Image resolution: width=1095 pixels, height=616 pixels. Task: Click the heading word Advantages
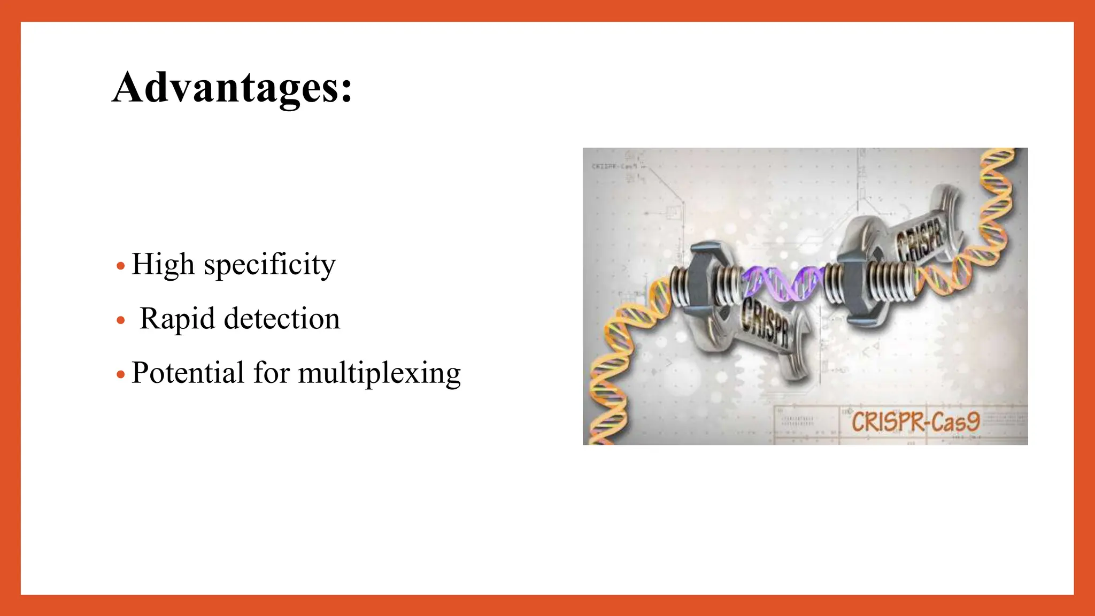(x=225, y=88)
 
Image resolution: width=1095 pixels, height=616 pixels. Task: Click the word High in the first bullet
(x=163, y=265)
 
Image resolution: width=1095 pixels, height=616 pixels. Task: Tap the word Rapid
(x=177, y=319)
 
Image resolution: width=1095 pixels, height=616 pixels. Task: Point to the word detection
(x=282, y=319)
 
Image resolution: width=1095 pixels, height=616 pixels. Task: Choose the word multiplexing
(x=379, y=374)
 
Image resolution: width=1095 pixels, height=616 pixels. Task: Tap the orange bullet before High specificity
(x=121, y=266)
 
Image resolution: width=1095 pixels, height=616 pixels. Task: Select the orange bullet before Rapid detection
(x=121, y=320)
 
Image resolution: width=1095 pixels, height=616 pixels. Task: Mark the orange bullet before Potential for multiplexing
(x=121, y=374)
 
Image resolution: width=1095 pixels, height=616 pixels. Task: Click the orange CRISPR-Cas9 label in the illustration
(x=915, y=422)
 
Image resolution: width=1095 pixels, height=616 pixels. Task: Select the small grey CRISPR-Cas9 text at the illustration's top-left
(x=614, y=166)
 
